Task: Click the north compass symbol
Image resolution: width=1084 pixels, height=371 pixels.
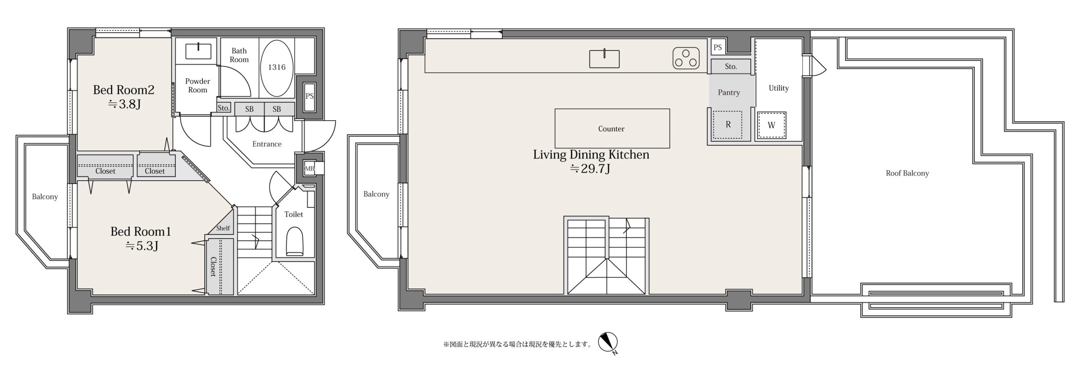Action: pos(608,343)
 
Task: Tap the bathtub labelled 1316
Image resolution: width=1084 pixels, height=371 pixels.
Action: pos(277,68)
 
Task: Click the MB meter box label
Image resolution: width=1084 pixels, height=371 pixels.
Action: pos(310,169)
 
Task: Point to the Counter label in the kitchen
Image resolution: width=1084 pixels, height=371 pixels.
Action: pos(611,129)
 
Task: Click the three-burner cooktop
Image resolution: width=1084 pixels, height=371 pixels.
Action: pos(686,58)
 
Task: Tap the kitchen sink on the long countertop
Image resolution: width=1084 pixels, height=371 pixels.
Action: pos(604,58)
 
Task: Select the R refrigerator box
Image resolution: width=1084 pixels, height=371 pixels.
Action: pos(728,125)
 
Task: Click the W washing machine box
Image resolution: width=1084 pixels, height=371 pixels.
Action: pos(772,125)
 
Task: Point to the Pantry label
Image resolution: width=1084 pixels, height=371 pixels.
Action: pos(729,92)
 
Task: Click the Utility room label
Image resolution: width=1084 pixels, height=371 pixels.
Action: pos(779,88)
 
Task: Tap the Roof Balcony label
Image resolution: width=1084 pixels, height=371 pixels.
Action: pos(907,173)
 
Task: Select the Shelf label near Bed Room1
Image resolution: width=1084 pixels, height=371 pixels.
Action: pos(223,228)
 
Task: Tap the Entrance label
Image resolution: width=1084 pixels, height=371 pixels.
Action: pos(267,144)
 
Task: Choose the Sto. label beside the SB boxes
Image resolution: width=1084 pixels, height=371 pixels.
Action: pos(224,108)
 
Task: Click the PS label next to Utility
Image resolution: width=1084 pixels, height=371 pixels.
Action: pos(717,47)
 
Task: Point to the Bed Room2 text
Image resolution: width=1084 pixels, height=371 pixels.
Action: pos(123,90)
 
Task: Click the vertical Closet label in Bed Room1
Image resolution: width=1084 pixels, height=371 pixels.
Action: pos(213,267)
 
